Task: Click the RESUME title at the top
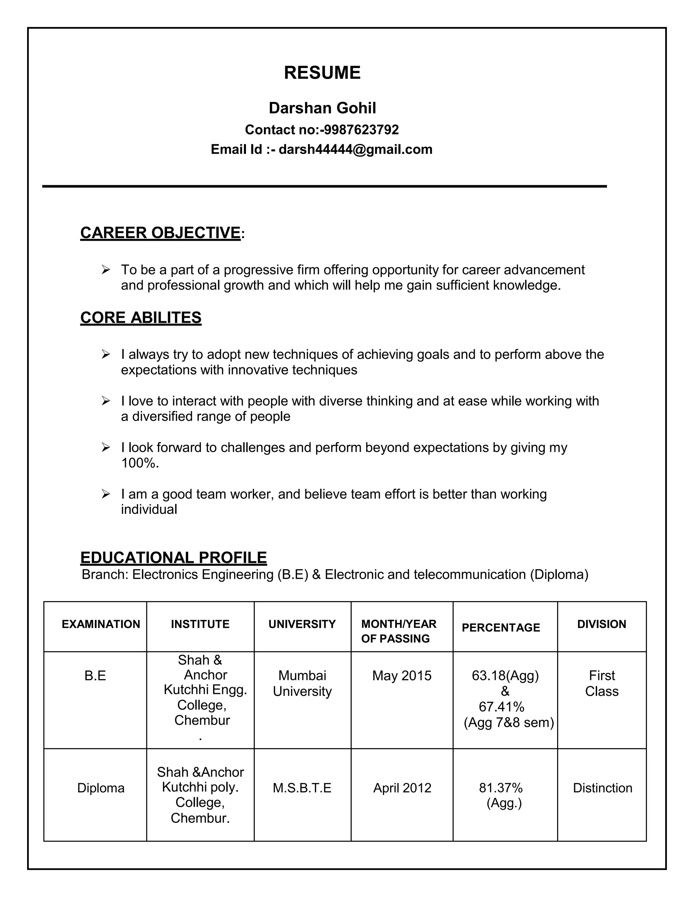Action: point(322,73)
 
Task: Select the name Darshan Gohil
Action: point(322,108)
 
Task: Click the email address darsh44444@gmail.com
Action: point(355,149)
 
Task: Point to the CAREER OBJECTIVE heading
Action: point(160,233)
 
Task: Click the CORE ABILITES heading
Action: point(141,318)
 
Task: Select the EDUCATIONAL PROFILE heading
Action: point(173,557)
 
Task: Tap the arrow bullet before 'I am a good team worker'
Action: point(106,494)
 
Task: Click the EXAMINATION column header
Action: point(101,624)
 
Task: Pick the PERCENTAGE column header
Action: point(501,627)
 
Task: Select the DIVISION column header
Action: point(601,624)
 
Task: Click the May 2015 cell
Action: point(402,676)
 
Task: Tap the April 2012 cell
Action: point(402,788)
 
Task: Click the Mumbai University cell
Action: point(302,683)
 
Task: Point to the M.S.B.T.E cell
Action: point(302,788)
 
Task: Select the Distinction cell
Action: point(602,788)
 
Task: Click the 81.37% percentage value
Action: point(501,788)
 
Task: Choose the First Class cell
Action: point(601,683)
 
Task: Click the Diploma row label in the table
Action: point(101,788)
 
